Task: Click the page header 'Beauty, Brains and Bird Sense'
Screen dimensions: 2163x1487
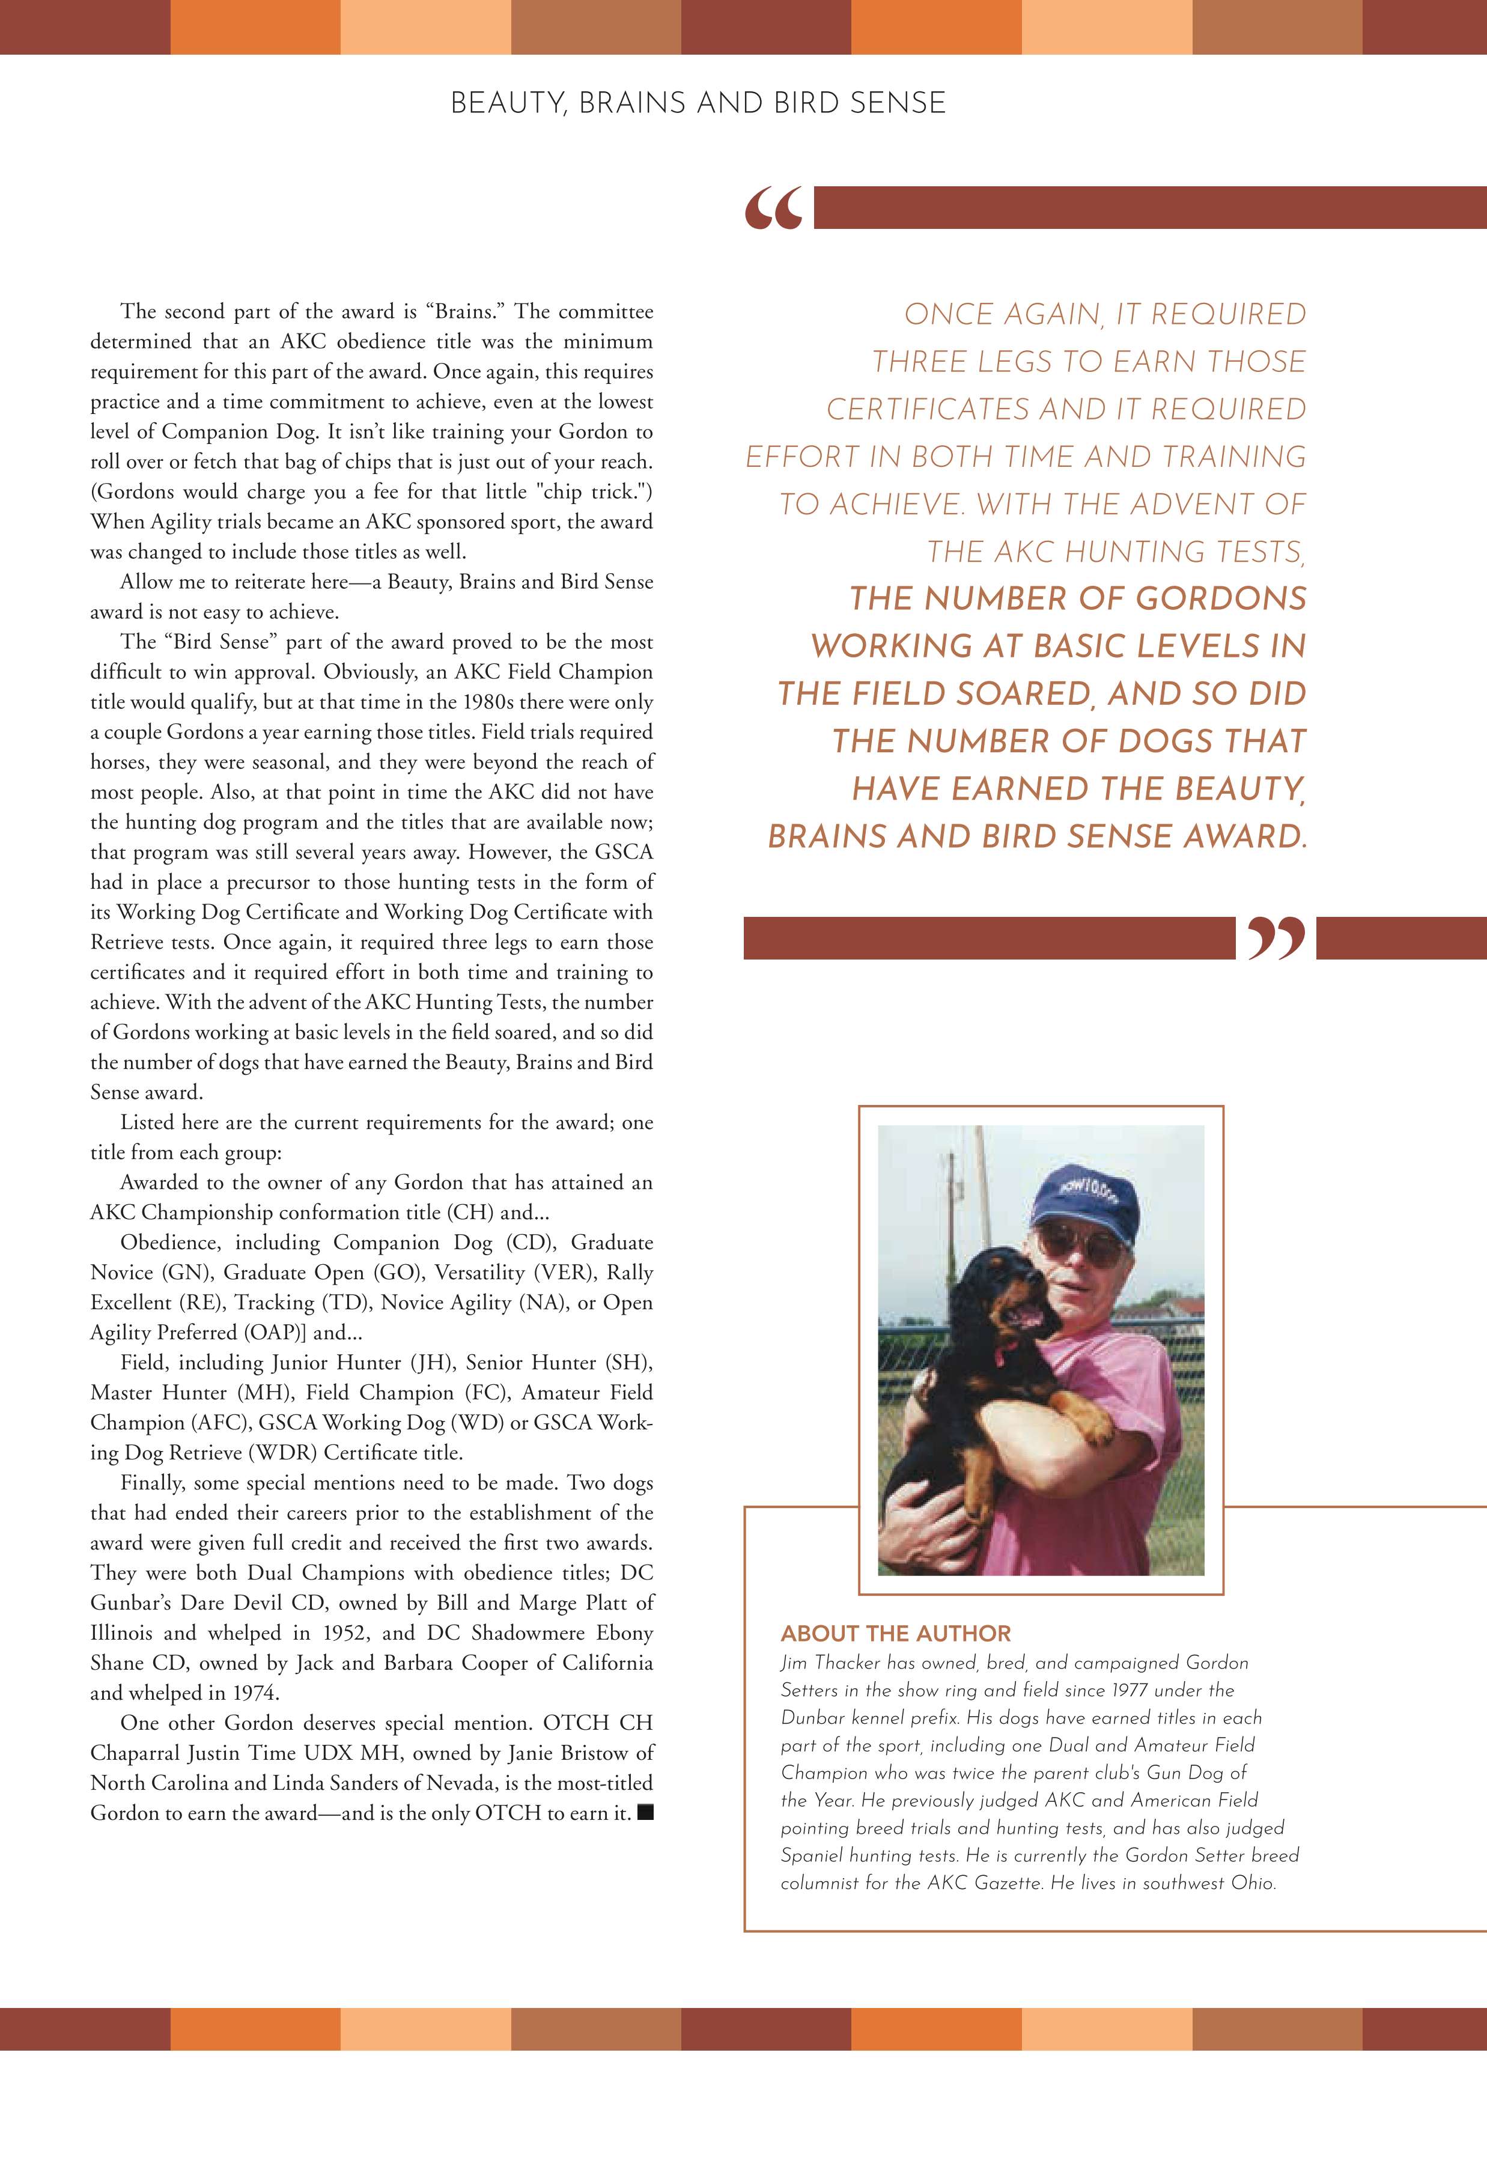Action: click(698, 103)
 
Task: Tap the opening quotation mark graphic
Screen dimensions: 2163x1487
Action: click(773, 208)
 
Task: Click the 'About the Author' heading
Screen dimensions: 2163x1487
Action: click(895, 1633)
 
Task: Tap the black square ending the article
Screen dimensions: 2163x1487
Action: click(645, 1814)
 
